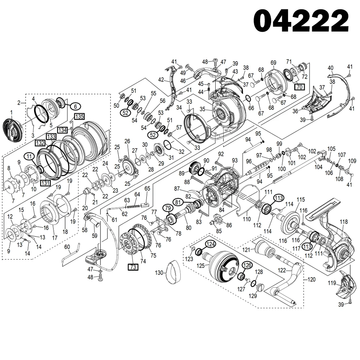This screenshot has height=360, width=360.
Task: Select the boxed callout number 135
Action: (x=79, y=116)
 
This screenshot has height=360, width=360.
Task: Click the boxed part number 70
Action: (x=299, y=87)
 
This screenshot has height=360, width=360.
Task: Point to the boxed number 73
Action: (x=133, y=267)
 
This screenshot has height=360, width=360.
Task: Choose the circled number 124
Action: (x=211, y=244)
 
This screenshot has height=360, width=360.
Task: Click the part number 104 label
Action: (x=318, y=167)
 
